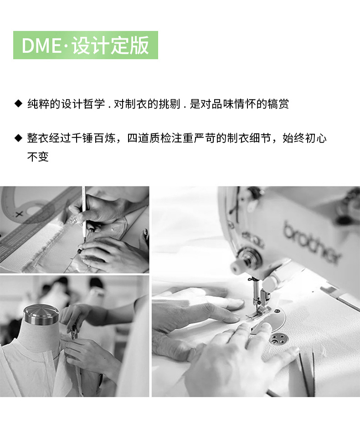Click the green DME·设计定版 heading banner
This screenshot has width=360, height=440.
coord(86,45)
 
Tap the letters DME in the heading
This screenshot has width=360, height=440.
coord(41,46)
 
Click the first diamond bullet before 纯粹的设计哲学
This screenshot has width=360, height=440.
coord(19,104)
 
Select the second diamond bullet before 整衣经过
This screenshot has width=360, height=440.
coord(19,138)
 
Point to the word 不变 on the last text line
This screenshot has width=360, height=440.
coord(38,156)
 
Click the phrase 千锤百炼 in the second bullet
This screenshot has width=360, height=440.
coord(93,138)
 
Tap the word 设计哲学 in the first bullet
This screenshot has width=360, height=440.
coord(83,104)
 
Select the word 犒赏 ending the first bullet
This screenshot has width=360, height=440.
coord(278,104)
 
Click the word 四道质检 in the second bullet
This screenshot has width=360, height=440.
coord(149,138)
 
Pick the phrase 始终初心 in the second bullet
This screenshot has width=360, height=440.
coord(304,138)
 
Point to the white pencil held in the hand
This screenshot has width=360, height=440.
coord(84,213)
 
